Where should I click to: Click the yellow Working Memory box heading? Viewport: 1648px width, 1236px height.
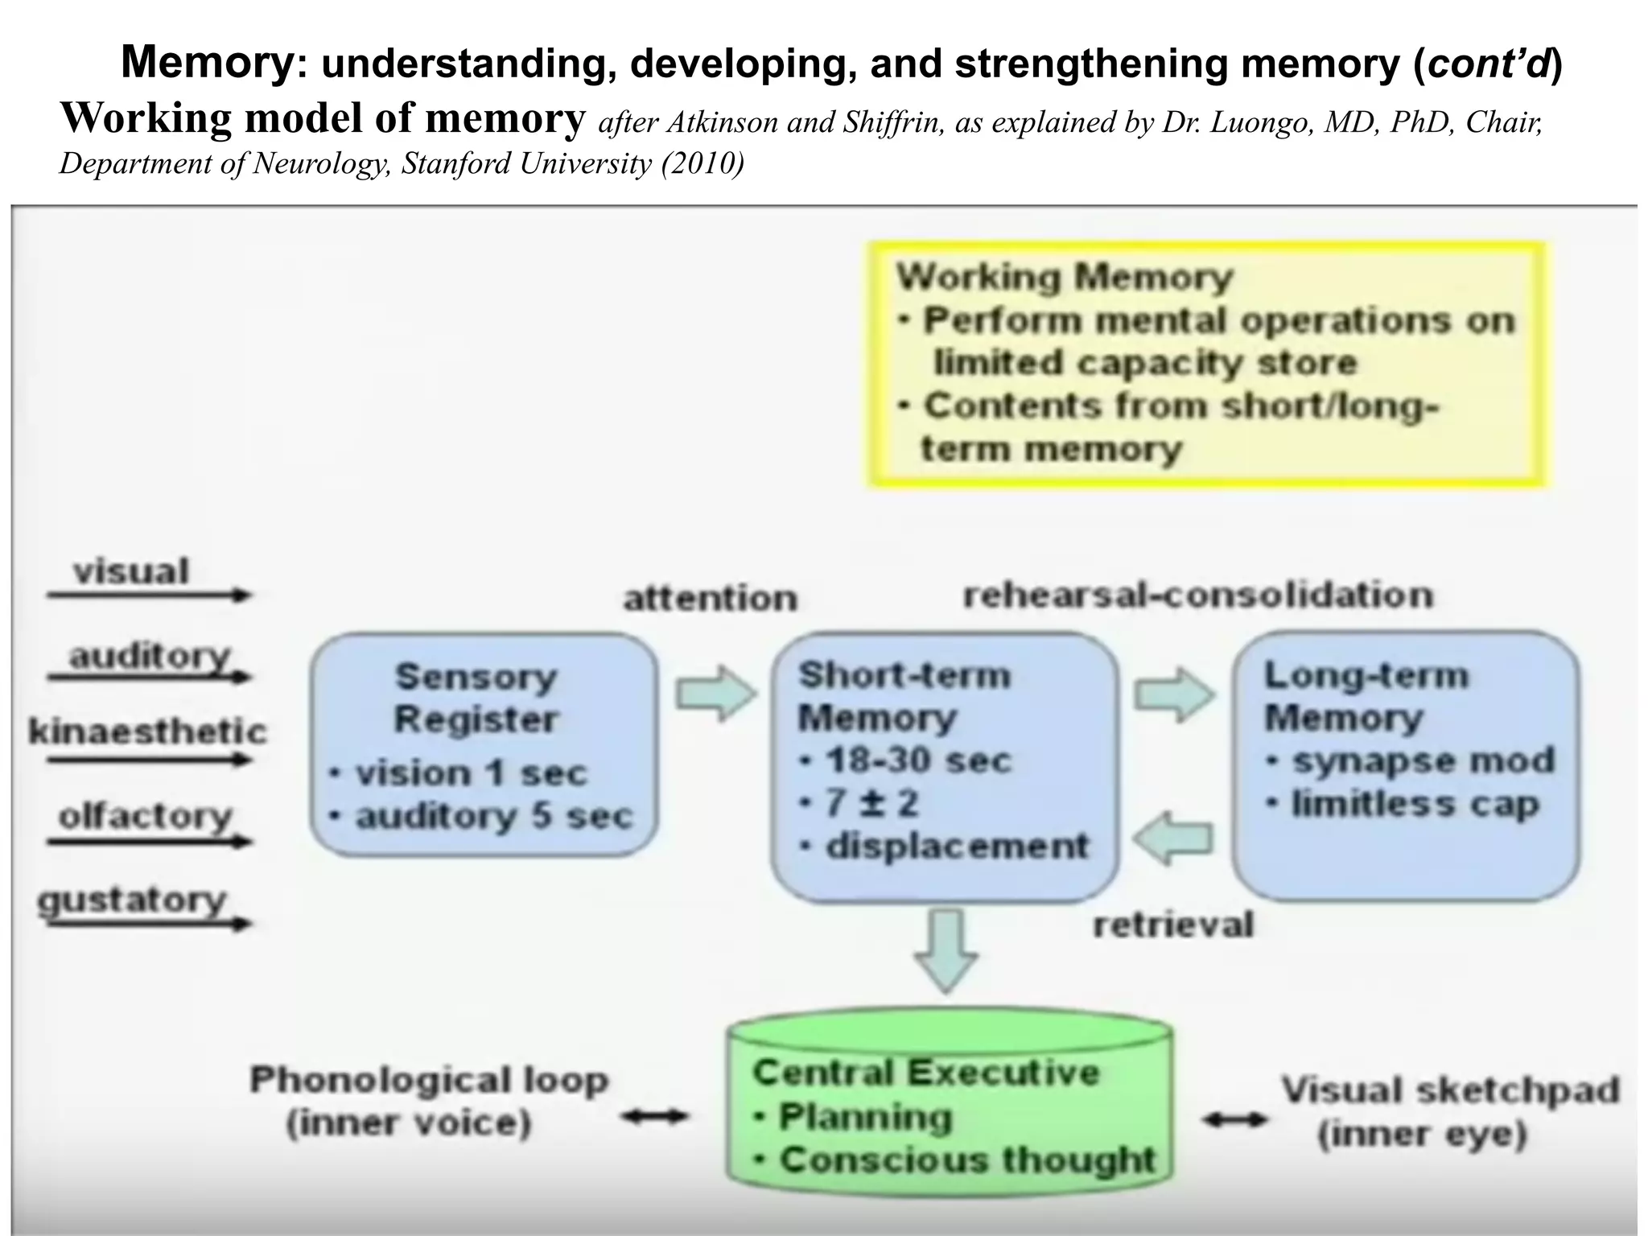click(1064, 277)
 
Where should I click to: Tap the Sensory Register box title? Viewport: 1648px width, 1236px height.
click(476, 697)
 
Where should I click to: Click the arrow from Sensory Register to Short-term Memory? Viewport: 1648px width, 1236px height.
click(715, 692)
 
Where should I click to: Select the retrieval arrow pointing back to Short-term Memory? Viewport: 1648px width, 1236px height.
click(1173, 839)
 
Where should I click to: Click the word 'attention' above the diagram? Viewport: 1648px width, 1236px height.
click(710, 598)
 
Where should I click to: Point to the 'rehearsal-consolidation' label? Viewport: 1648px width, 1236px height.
click(1198, 595)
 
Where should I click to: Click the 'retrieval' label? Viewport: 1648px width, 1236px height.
click(1172, 925)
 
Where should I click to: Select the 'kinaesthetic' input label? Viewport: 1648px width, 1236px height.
click(147, 731)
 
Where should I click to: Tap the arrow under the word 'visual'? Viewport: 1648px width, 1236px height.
click(149, 595)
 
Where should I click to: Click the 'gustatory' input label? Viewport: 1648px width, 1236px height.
click(133, 899)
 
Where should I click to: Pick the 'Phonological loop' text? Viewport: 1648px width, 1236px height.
click(429, 1080)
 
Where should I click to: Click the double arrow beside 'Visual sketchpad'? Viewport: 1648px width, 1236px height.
click(1234, 1119)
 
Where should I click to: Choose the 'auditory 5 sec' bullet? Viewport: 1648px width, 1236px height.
click(493, 816)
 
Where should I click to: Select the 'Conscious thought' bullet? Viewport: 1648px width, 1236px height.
click(966, 1160)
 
